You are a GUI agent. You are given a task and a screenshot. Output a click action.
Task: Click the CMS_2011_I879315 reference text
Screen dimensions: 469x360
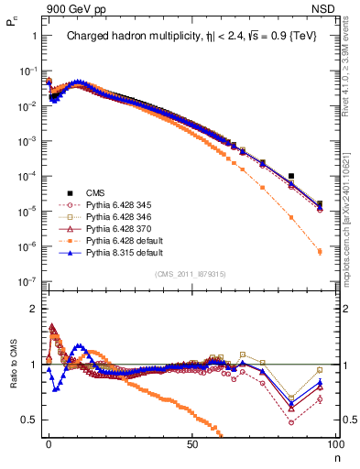tap(191, 274)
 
